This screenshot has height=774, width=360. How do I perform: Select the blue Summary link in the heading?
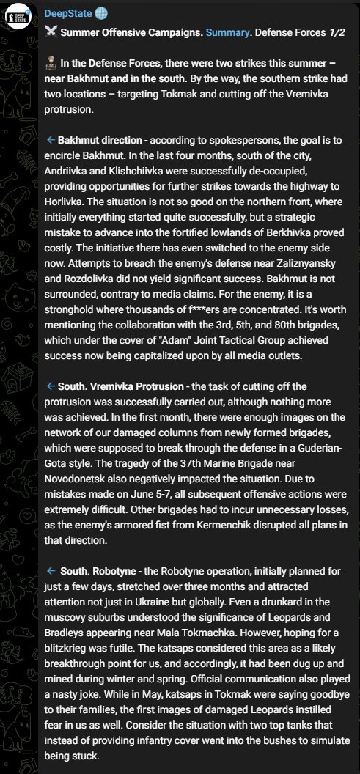(x=227, y=32)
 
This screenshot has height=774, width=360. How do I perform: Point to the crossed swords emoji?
(x=51, y=32)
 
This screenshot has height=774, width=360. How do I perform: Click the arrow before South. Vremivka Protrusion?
(x=51, y=386)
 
